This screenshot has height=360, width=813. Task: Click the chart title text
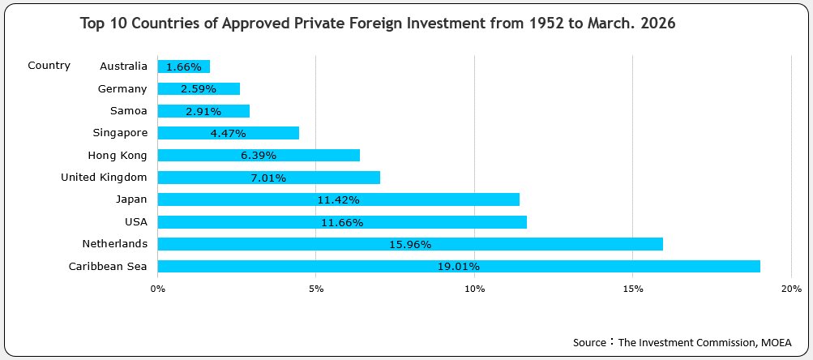[x=378, y=24]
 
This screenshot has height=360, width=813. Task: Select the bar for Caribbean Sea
[x=459, y=266]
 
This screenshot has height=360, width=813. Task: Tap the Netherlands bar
[x=410, y=244]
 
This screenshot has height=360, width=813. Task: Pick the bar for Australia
[x=184, y=66]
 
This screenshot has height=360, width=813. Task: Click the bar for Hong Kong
[x=259, y=155]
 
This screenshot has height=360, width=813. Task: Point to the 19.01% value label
[x=459, y=266]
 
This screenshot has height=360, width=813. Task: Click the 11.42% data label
[x=339, y=199]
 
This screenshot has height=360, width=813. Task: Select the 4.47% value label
[x=228, y=133]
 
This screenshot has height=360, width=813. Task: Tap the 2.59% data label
[x=199, y=89]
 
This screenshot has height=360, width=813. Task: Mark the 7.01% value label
[x=268, y=178]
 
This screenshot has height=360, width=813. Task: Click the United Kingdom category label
[x=104, y=177]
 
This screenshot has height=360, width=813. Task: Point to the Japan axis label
[x=131, y=199]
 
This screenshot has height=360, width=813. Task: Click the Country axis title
[x=49, y=66]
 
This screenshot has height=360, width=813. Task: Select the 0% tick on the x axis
[x=158, y=289]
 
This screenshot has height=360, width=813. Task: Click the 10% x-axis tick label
[x=474, y=289]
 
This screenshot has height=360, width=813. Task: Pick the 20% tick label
[x=791, y=289]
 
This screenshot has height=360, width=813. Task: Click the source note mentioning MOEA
[x=682, y=342]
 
